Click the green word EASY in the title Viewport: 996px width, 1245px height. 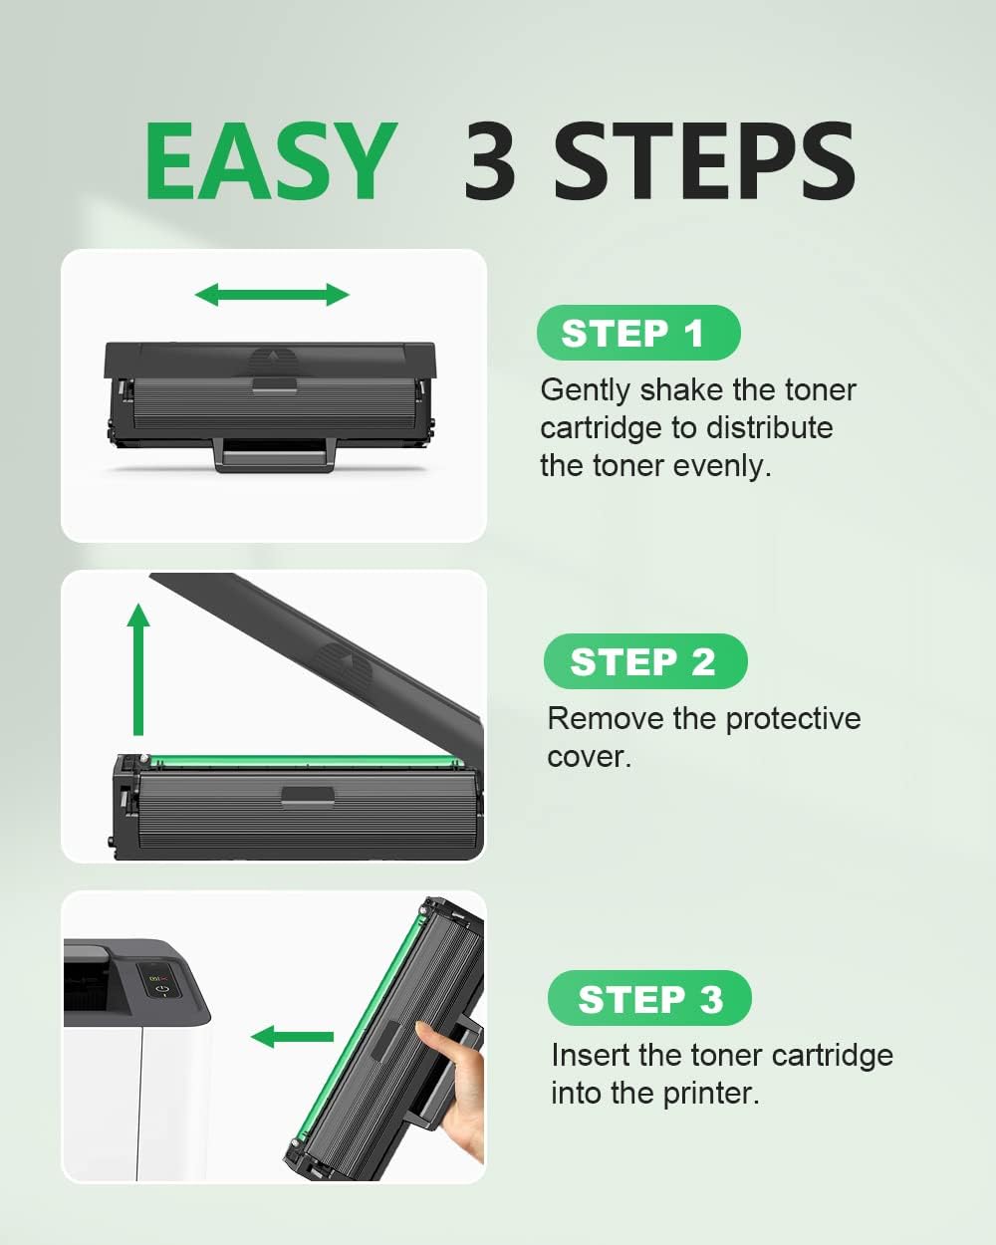(270, 160)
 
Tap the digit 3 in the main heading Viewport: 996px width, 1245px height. (490, 160)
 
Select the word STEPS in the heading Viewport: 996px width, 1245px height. (704, 160)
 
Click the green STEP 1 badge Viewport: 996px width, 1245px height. (638, 333)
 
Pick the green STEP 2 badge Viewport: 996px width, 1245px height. (645, 661)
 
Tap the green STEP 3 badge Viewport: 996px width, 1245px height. (649, 998)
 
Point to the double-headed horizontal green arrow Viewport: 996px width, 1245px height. (272, 295)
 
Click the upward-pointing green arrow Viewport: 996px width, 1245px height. (138, 669)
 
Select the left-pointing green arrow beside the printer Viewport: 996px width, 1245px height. (292, 1037)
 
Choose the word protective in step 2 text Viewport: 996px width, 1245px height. (793, 719)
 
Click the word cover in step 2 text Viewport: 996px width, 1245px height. (585, 757)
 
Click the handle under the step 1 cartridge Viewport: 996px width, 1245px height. (276, 455)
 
